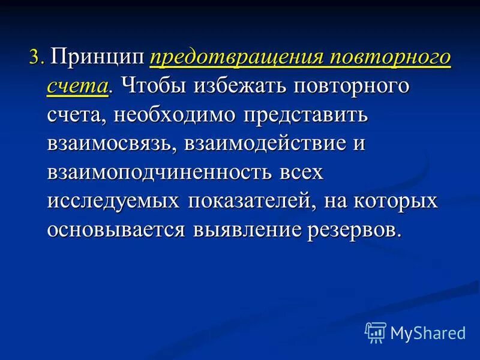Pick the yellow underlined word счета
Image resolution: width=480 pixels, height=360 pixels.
[x=77, y=86]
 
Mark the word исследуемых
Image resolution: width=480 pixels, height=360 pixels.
[x=113, y=202]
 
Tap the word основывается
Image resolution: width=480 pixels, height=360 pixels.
[x=116, y=230]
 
